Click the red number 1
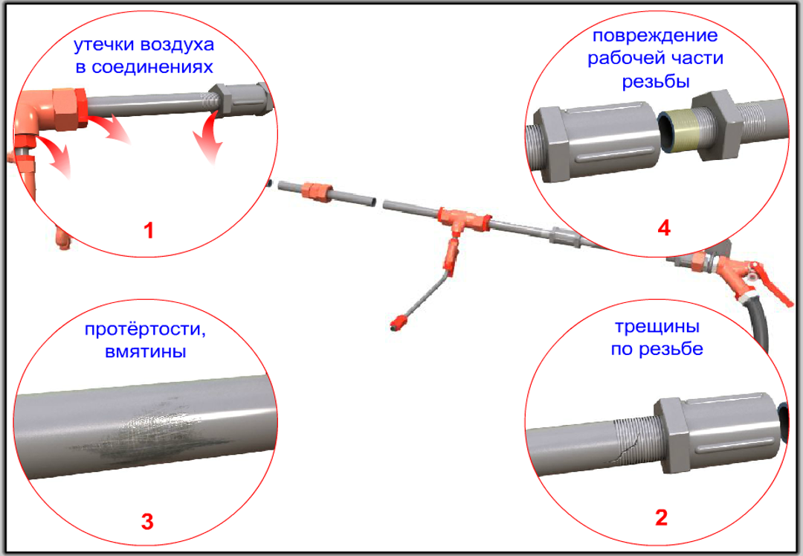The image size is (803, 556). [x=149, y=231]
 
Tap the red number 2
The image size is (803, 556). [x=661, y=517]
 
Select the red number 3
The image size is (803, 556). [x=147, y=522]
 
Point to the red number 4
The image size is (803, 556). [x=664, y=228]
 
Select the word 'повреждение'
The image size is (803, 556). [x=655, y=36]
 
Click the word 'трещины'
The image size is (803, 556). [x=657, y=327]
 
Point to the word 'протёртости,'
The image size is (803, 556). [x=146, y=329]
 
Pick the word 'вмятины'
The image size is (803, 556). [x=146, y=352]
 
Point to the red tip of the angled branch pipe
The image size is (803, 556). [x=398, y=323]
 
